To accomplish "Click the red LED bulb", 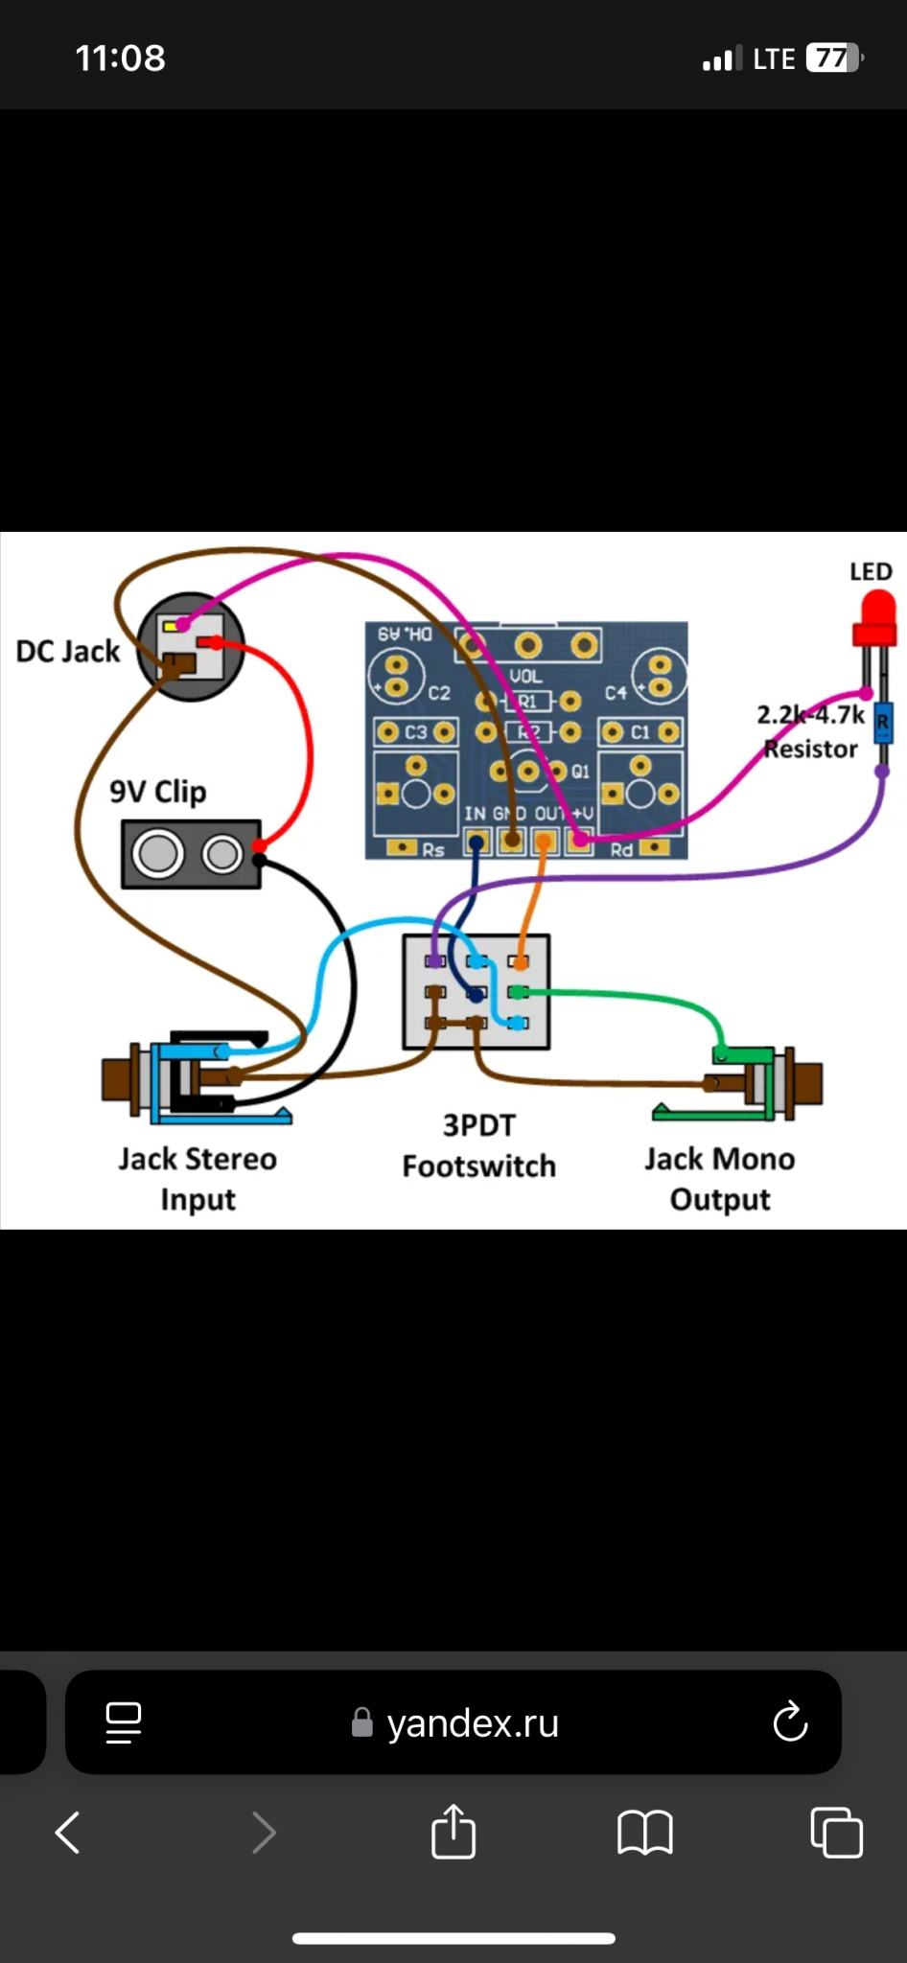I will (x=874, y=617).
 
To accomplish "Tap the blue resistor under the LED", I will (x=883, y=723).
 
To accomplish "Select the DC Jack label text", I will (x=68, y=652).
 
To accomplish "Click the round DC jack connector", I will (x=190, y=646).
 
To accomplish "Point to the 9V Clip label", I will (x=157, y=792).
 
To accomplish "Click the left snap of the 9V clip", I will (x=158, y=853).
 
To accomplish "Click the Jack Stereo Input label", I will (x=198, y=1179).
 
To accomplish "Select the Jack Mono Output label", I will (x=719, y=1179).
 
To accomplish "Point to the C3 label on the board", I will (x=415, y=732).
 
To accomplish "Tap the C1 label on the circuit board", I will (x=640, y=732).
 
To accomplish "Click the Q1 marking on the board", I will (x=580, y=771).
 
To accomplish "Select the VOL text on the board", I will (x=525, y=676).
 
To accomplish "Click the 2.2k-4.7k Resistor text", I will (x=810, y=731).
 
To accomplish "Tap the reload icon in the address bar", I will (x=790, y=1721).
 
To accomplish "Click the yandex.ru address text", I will (x=472, y=1723).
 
